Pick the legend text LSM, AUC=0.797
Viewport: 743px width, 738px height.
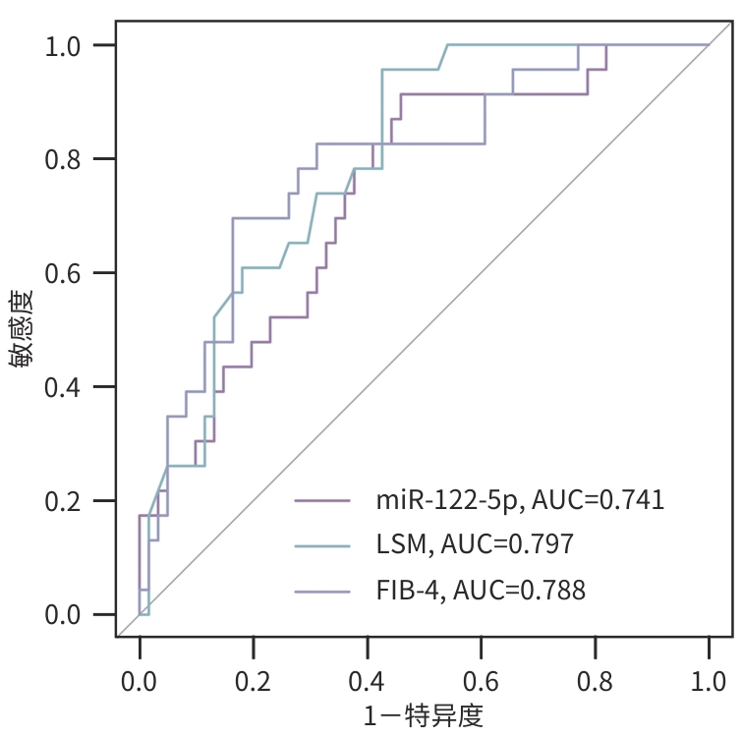pos(475,545)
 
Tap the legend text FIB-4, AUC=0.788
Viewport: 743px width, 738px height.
pos(481,591)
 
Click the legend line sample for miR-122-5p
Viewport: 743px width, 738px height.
pos(322,500)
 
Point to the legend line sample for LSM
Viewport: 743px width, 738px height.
pos(322,545)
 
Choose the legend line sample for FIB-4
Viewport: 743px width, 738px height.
pos(322,591)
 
